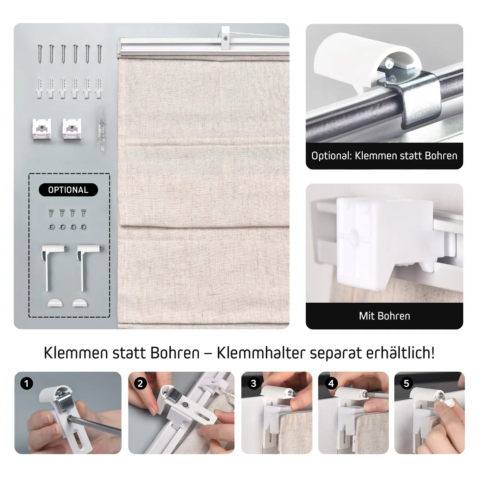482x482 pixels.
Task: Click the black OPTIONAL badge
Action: click(68, 190)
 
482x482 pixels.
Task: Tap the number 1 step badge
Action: click(27, 383)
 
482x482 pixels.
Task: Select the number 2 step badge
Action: click(140, 383)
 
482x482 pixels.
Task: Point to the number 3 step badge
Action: click(253, 383)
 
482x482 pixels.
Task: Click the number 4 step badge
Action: click(331, 383)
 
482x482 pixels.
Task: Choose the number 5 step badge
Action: click(406, 383)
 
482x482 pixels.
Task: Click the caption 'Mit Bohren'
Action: click(385, 316)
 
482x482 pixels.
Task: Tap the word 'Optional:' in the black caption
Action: click(332, 156)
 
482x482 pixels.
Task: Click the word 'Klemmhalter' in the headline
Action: click(261, 353)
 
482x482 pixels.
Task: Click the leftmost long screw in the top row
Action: click(40, 54)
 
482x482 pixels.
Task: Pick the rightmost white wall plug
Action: click(99, 88)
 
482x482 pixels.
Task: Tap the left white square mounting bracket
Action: click(42, 129)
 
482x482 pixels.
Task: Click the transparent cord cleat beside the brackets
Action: click(102, 130)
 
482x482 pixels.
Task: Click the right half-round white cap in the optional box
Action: click(80, 303)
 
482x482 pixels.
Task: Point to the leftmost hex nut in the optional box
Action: click(51, 227)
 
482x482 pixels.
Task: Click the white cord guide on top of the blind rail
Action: click(225, 38)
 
